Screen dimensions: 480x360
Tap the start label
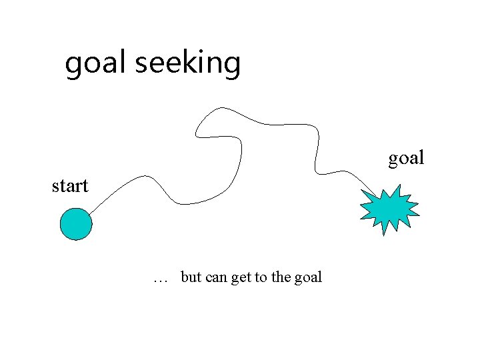click(x=70, y=185)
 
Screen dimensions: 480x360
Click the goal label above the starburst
click(x=407, y=158)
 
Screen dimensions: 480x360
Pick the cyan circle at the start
click(x=76, y=224)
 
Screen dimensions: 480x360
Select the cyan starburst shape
click(x=390, y=209)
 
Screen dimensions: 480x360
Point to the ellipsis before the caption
click(x=160, y=278)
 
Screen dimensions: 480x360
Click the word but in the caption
click(x=191, y=277)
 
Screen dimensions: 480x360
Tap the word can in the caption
click(x=216, y=277)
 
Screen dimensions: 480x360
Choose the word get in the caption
click(x=241, y=277)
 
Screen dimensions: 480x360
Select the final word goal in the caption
click(x=308, y=277)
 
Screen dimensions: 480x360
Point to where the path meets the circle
click(x=89, y=214)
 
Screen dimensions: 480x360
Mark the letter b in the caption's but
click(x=184, y=276)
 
